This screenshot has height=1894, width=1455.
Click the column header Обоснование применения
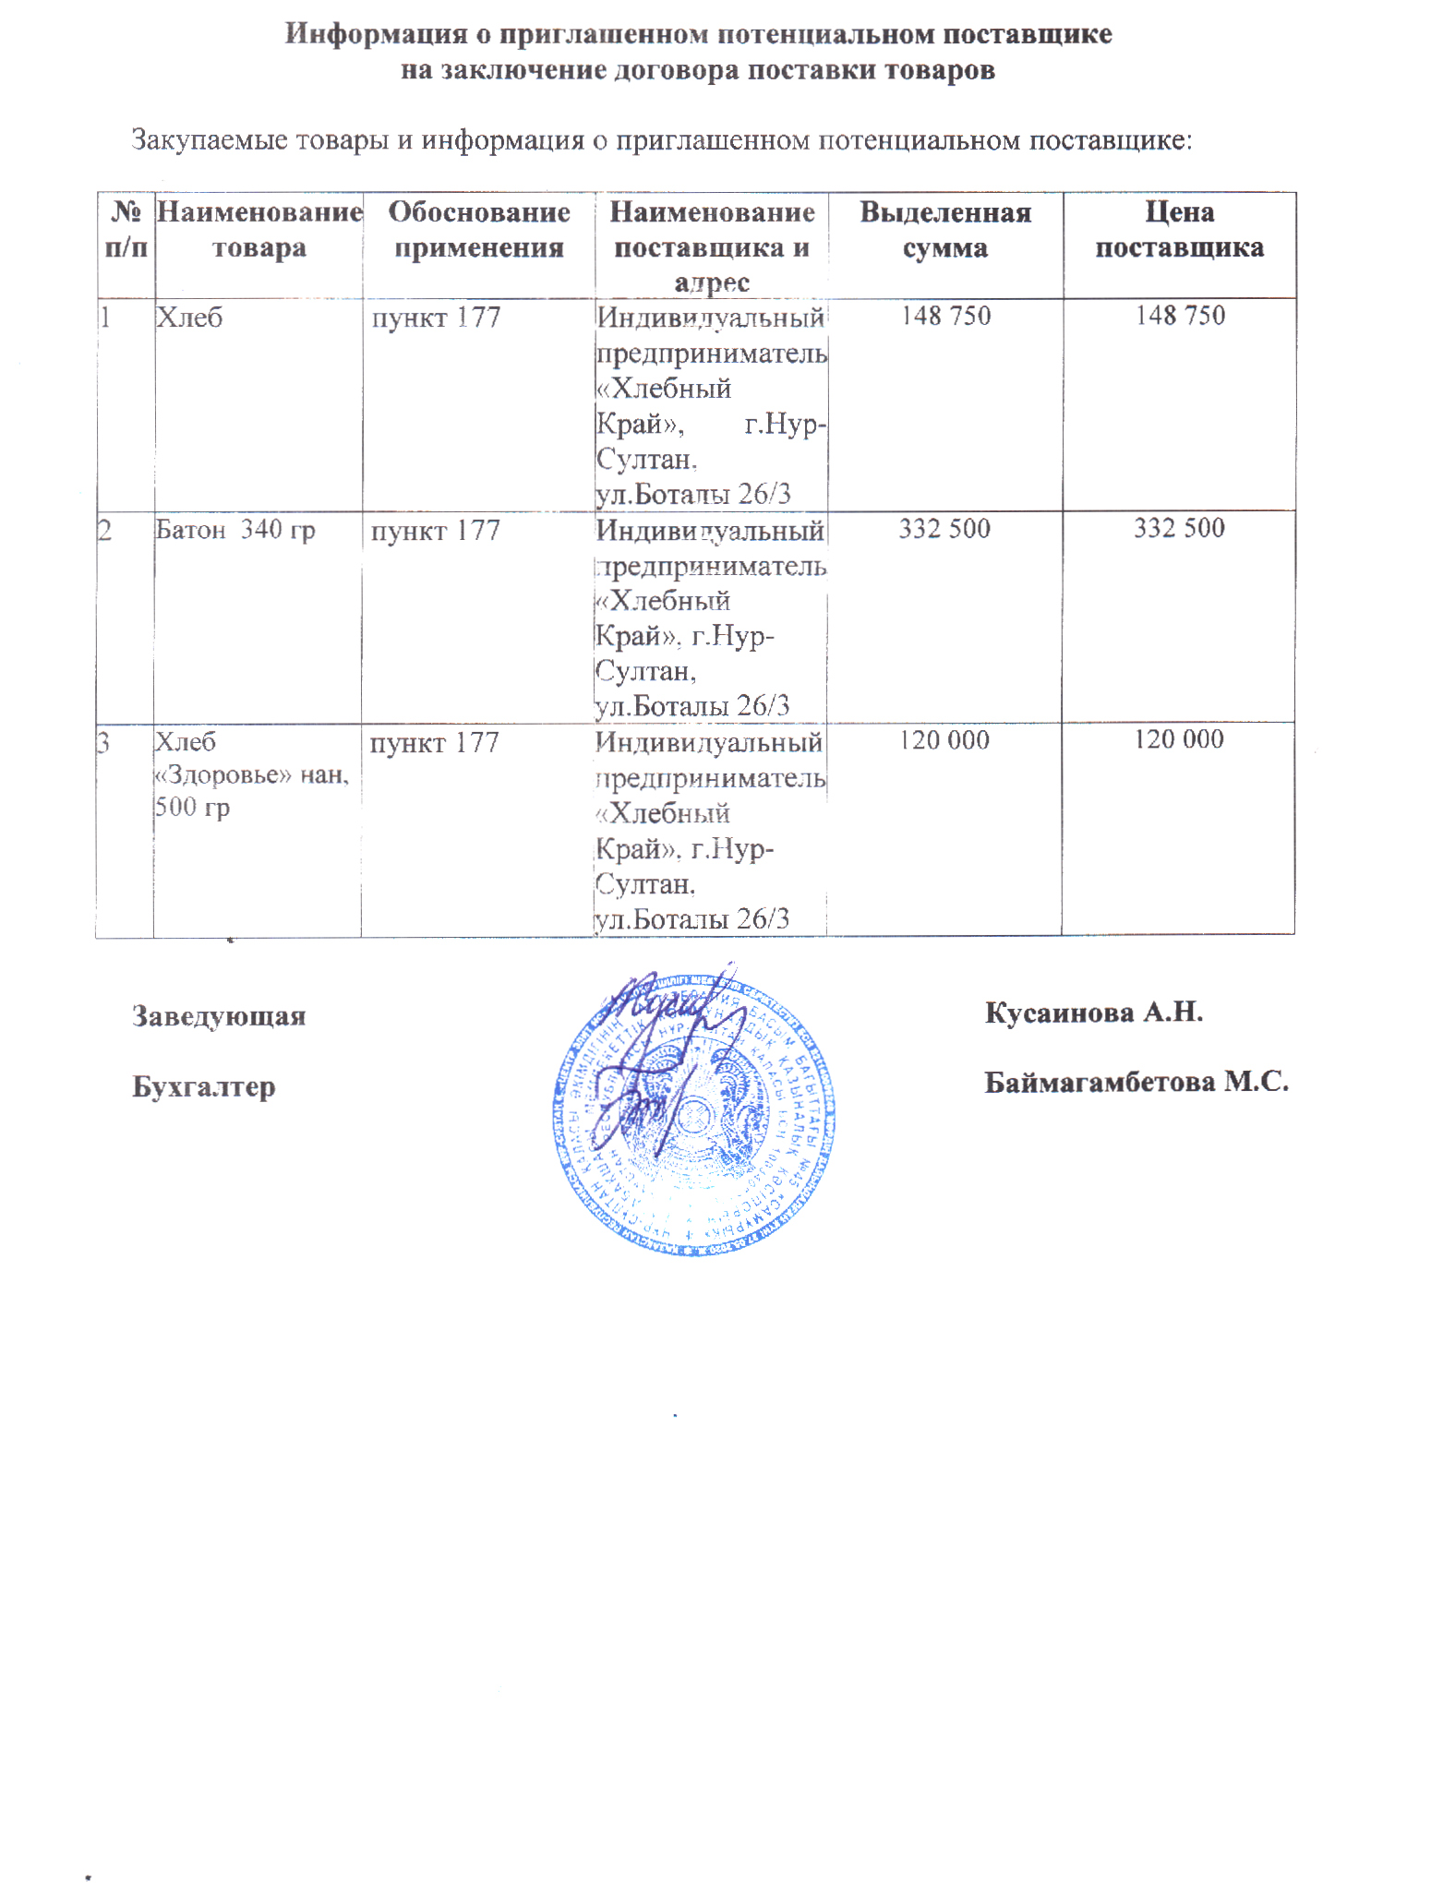point(478,229)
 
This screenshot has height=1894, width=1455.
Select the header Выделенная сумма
point(944,229)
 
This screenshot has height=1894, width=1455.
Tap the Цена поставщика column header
point(1179,229)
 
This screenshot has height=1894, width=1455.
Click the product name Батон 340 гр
point(234,530)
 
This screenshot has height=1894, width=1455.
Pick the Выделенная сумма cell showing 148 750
point(945,316)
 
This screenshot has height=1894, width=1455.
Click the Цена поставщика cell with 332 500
point(1179,528)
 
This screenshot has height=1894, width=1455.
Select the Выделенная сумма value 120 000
point(944,739)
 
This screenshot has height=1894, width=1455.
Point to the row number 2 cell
point(105,531)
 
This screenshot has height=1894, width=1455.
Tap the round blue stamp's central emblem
point(694,1112)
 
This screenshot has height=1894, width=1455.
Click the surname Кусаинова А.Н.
point(1093,1013)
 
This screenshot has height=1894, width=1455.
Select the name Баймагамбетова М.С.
point(1136,1082)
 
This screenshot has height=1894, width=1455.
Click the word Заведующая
point(219,1016)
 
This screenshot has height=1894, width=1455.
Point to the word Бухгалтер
point(204,1086)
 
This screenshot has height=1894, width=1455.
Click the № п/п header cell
point(126,229)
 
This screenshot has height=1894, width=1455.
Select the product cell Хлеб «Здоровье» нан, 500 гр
point(250,774)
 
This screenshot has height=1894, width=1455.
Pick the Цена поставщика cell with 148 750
point(1180,316)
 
